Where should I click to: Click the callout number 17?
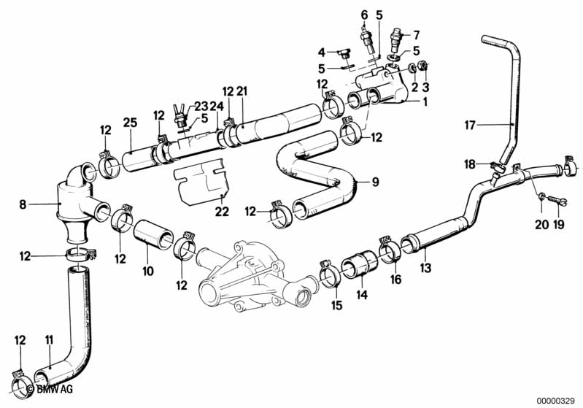pyautogui.click(x=471, y=125)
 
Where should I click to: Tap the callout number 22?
pyautogui.click(x=222, y=212)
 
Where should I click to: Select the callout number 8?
pyautogui.click(x=23, y=206)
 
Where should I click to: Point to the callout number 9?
pyautogui.click(x=375, y=182)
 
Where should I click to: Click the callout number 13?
pyautogui.click(x=425, y=268)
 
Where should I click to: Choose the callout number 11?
pyautogui.click(x=49, y=339)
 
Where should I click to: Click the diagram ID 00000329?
pyautogui.click(x=557, y=401)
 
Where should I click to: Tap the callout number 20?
pyautogui.click(x=541, y=224)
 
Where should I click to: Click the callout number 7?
pyautogui.click(x=417, y=34)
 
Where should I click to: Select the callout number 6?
pyautogui.click(x=365, y=14)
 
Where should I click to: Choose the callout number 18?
pyautogui.click(x=471, y=165)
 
